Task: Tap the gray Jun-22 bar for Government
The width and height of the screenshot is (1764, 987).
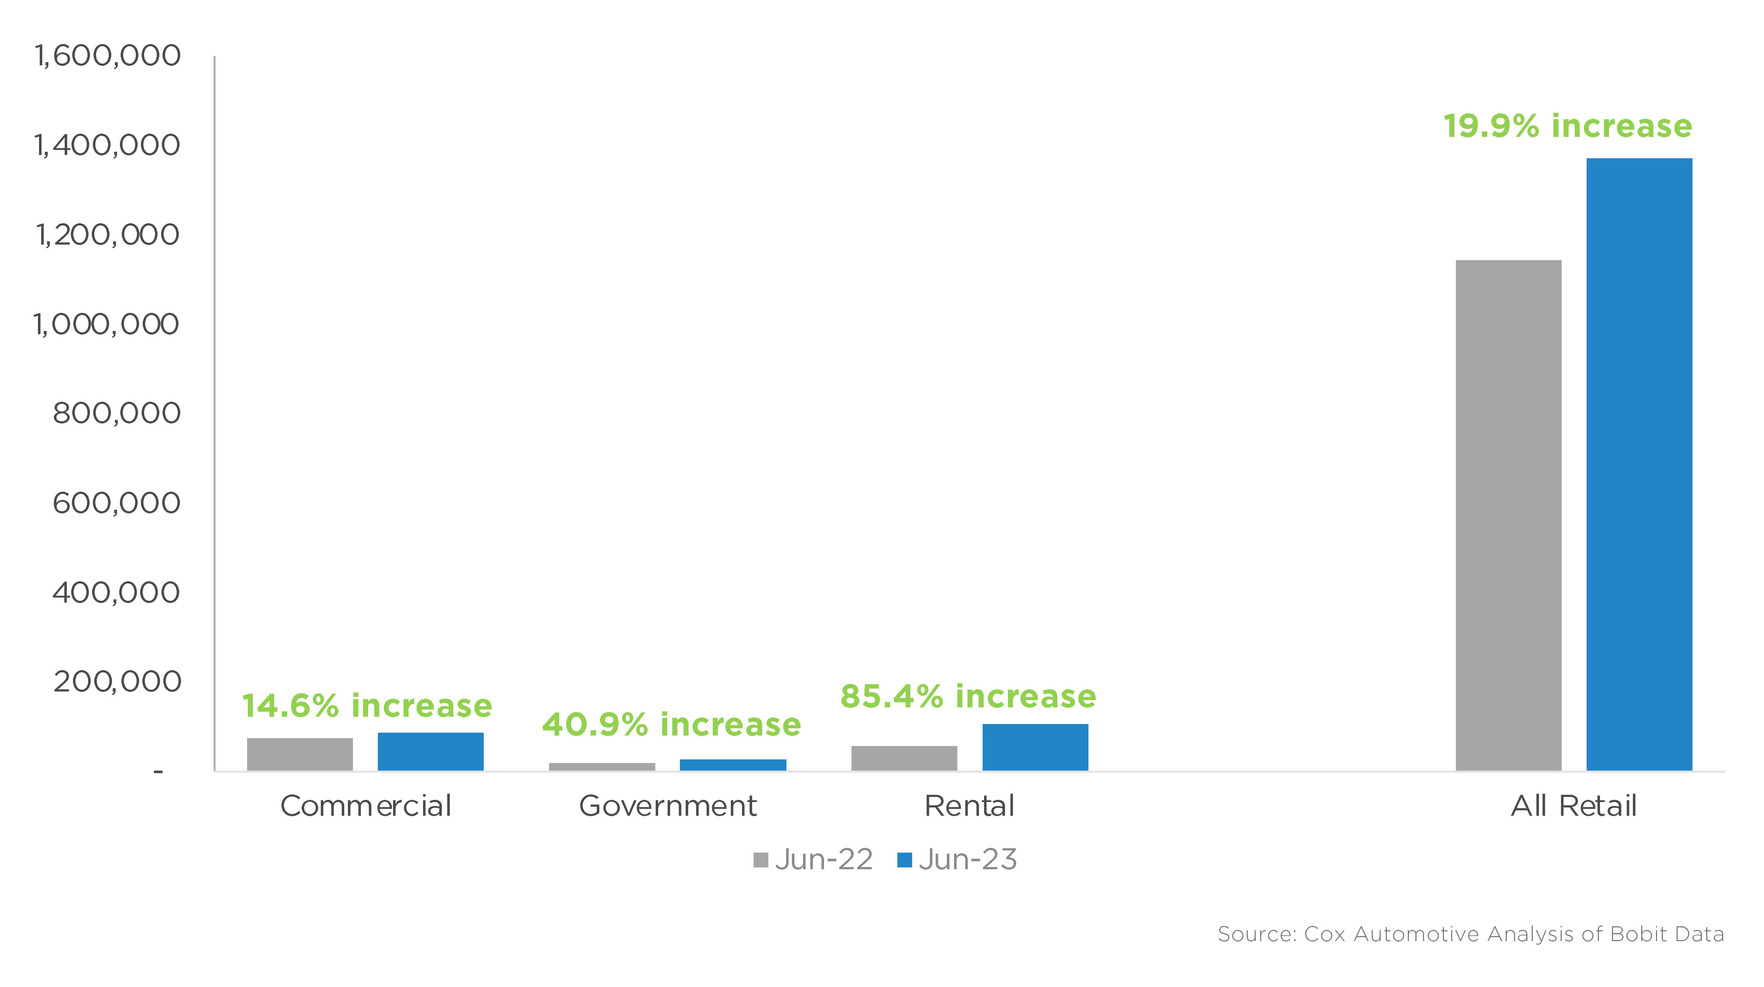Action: [602, 767]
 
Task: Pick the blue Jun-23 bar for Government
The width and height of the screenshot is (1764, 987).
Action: [733, 765]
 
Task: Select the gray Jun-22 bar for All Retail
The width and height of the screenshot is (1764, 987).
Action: [1509, 515]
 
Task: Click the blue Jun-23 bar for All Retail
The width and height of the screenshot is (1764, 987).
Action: [1639, 464]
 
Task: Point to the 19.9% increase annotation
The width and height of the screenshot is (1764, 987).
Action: [1567, 126]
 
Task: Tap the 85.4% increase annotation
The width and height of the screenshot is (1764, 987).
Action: [967, 697]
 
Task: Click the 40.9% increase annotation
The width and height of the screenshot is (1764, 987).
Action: [671, 725]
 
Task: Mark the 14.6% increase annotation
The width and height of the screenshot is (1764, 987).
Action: [367, 706]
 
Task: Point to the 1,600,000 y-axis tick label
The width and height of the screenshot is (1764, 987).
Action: [108, 56]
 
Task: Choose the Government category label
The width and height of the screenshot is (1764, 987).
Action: [668, 806]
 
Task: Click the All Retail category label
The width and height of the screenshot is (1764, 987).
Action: [1574, 806]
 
